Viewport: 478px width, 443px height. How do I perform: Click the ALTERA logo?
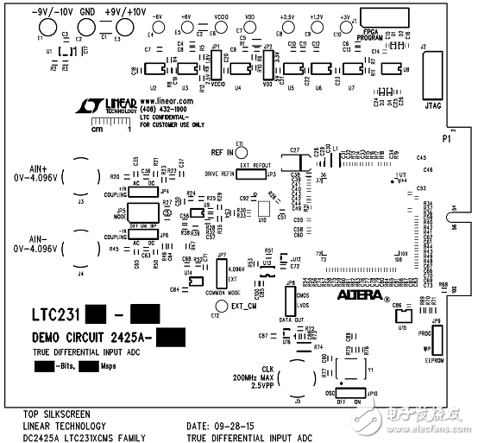click(x=349, y=295)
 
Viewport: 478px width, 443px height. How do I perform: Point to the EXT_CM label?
click(x=244, y=307)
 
